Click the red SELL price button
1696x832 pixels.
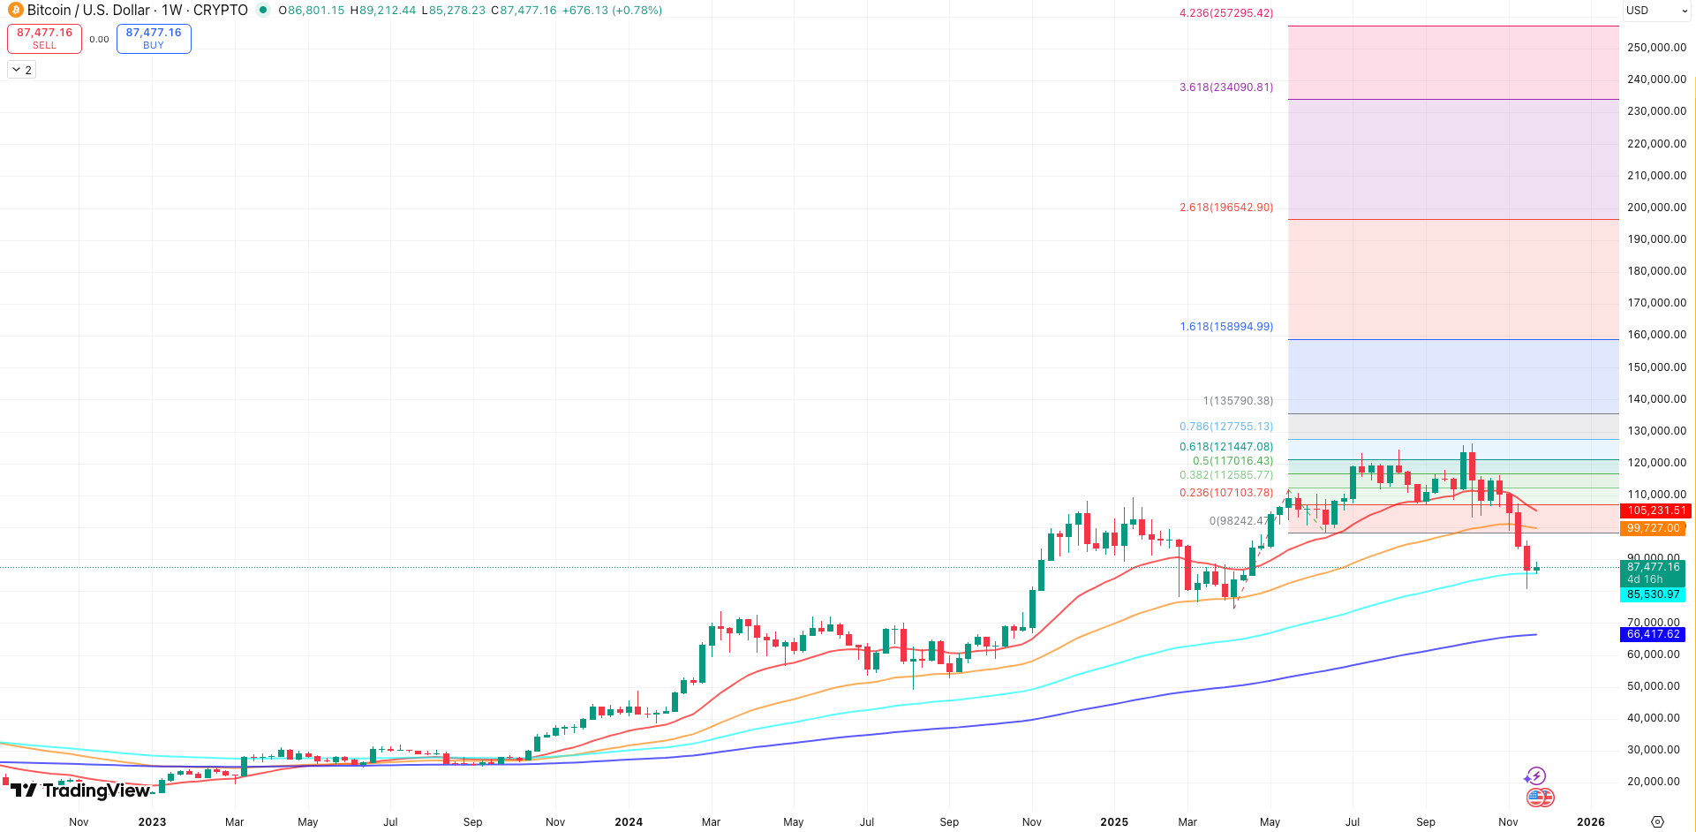click(44, 38)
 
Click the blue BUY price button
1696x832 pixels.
click(153, 38)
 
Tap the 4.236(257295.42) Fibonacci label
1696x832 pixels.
click(1225, 13)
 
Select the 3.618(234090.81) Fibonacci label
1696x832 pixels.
click(1225, 87)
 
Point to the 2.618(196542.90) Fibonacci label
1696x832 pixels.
click(1225, 208)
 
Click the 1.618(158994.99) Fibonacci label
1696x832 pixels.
click(1225, 327)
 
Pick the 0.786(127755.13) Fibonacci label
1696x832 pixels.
click(1225, 427)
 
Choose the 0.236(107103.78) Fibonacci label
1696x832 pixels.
click(1225, 493)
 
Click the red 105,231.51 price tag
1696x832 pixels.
click(1653, 511)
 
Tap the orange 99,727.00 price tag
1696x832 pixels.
click(1653, 528)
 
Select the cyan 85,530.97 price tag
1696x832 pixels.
click(1653, 594)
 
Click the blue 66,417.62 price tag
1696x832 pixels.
click(1653, 634)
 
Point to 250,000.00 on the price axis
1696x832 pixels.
click(1656, 48)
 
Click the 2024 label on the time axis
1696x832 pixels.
click(629, 821)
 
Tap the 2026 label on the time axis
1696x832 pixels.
click(1590, 821)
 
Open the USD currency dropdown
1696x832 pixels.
click(1656, 11)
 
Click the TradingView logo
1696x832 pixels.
click(79, 790)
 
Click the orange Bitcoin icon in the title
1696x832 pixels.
click(15, 11)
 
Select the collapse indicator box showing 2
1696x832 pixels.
click(22, 70)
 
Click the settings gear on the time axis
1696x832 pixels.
click(1657, 821)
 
